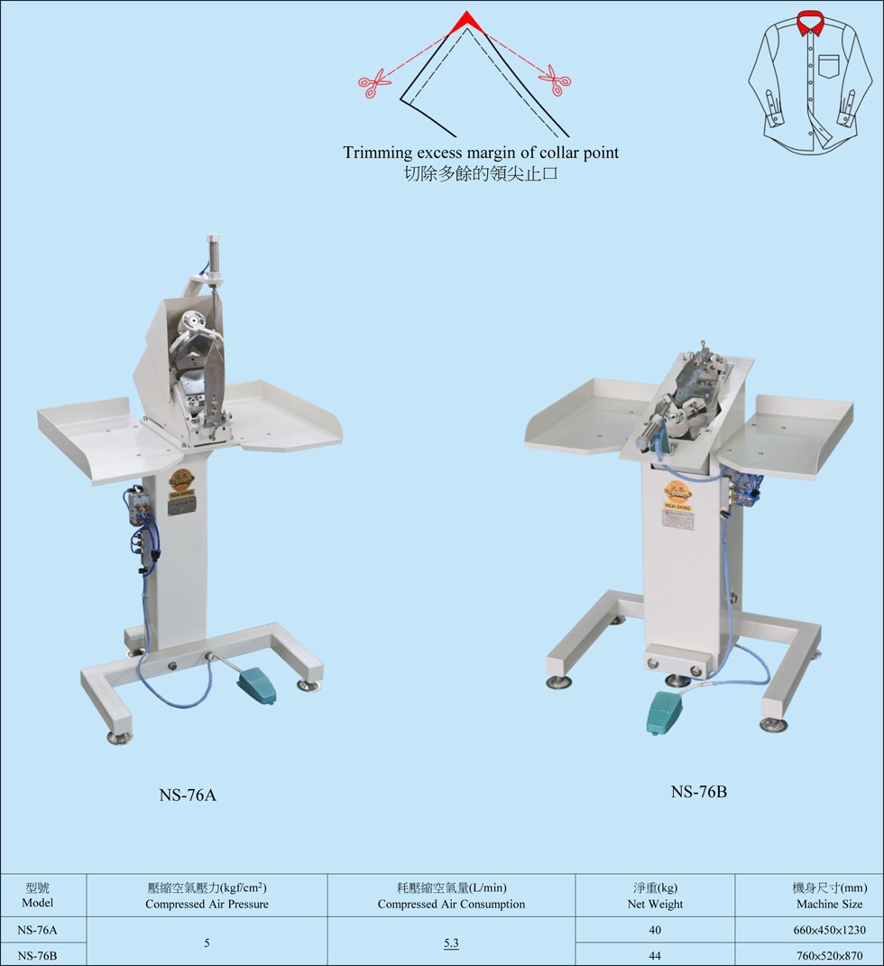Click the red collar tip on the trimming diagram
467,23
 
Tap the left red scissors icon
373,84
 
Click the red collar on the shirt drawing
810,23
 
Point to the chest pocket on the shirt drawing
829,66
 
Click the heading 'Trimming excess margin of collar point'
481,153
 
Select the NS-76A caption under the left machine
188,794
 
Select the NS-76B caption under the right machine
699,792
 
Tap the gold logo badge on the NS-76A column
181,480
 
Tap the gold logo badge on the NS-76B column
677,493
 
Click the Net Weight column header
655,896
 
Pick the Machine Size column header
829,896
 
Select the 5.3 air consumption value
451,943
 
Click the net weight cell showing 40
655,930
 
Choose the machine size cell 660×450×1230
829,930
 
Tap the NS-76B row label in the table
38,955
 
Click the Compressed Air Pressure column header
207,896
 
